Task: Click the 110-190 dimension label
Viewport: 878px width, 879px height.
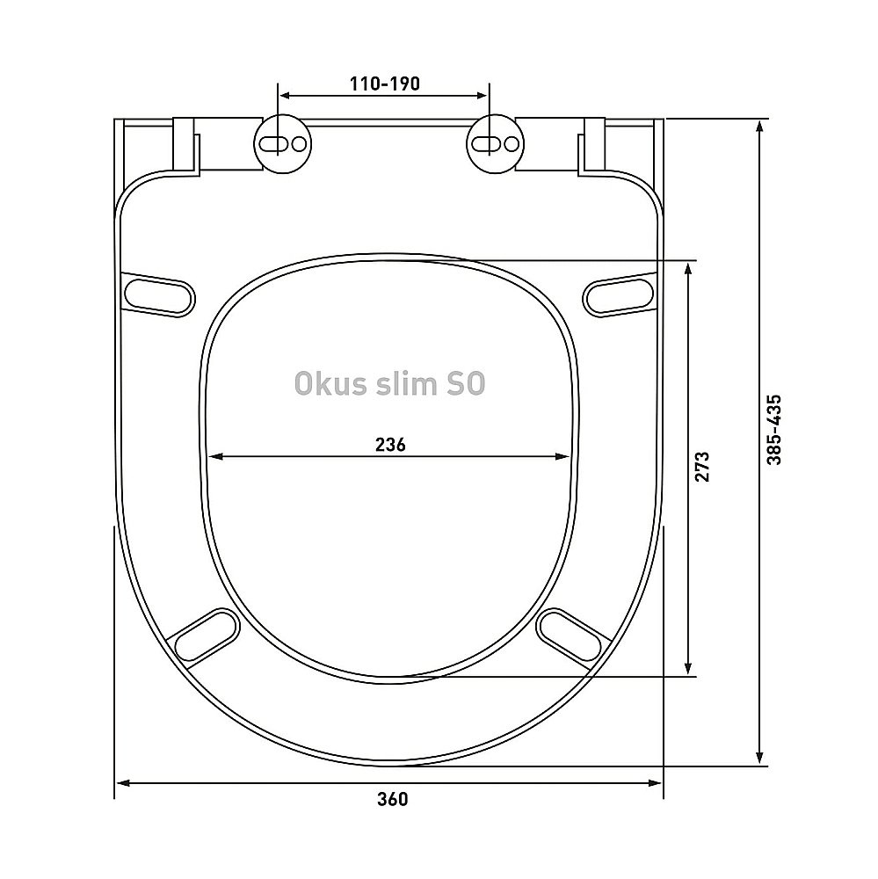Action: click(x=385, y=84)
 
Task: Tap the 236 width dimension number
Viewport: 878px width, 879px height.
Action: click(x=390, y=445)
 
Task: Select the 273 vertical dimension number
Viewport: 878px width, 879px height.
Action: click(x=702, y=467)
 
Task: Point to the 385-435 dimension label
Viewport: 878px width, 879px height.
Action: click(x=774, y=430)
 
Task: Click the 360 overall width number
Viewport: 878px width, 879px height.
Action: click(x=393, y=799)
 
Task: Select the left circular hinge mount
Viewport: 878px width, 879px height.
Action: click(x=283, y=144)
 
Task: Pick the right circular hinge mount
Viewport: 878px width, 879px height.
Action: click(x=495, y=144)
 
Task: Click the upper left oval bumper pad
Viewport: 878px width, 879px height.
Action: click(x=159, y=294)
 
